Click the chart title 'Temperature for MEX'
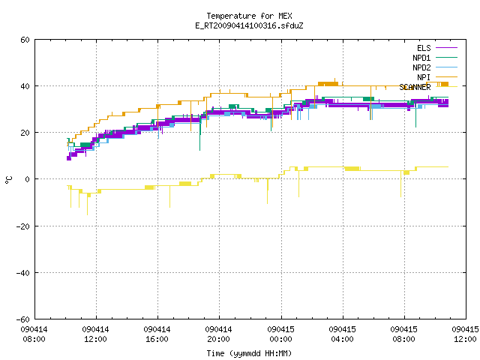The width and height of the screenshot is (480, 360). tap(249, 16)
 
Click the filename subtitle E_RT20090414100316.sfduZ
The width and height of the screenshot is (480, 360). tap(249, 25)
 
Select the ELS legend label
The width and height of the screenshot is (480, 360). tap(424, 48)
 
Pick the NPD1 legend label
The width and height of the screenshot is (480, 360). tap(421, 58)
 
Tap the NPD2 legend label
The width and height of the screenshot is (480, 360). tap(421, 67)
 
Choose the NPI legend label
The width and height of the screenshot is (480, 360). tap(424, 77)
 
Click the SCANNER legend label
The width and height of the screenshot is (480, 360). tap(415, 87)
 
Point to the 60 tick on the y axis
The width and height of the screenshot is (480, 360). tap(25, 40)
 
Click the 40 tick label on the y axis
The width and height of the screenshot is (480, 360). tap(25, 86)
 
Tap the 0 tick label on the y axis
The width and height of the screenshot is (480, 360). tap(28, 179)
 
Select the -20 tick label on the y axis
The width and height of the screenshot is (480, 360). tap(23, 226)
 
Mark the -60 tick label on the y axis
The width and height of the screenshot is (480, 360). tap(23, 319)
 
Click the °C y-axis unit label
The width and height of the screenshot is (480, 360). tap(8, 180)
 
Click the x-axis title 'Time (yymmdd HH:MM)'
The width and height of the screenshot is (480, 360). tap(249, 353)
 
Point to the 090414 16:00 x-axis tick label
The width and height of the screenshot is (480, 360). tap(157, 334)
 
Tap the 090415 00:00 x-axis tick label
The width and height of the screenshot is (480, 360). tap(280, 334)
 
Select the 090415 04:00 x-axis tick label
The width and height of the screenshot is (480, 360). tap(342, 334)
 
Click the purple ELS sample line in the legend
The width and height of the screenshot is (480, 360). tap(446, 48)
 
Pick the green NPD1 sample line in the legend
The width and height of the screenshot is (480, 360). tap(446, 57)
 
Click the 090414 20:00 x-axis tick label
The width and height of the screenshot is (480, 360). tap(218, 334)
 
